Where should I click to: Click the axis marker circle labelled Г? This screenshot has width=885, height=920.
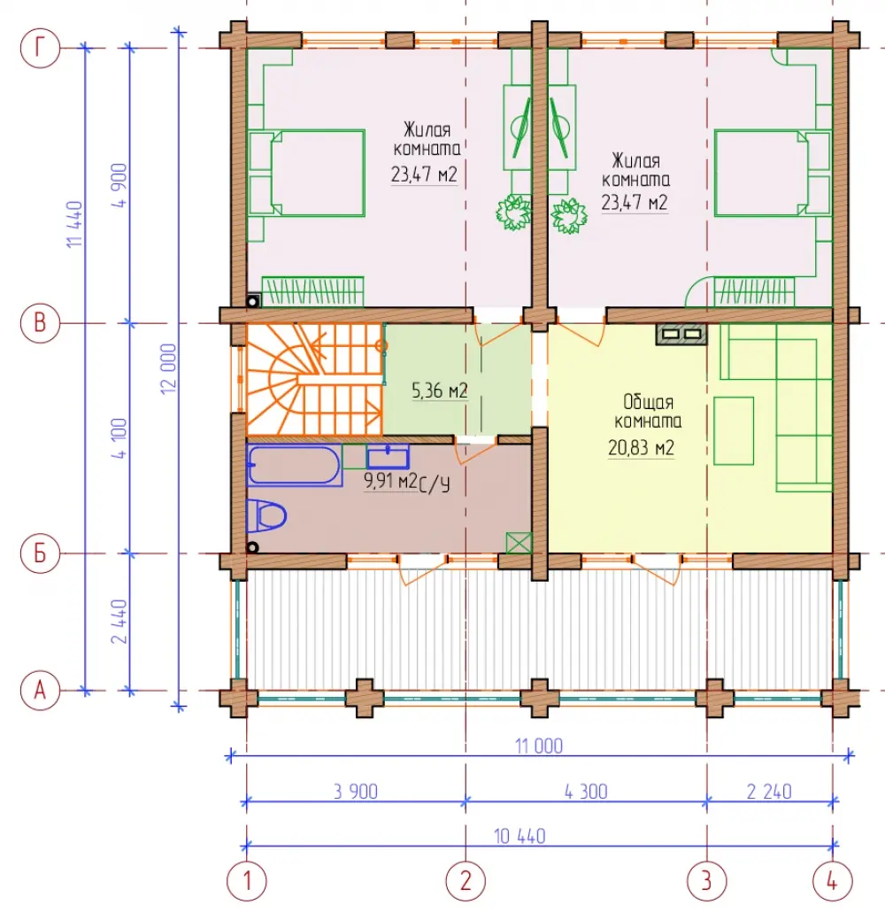pos(40,48)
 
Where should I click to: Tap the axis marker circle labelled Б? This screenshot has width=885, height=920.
pos(40,553)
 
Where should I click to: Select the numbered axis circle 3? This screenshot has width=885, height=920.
pos(707,881)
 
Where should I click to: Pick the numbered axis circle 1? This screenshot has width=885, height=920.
pos(246,881)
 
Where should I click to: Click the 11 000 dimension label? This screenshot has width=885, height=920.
pos(538,746)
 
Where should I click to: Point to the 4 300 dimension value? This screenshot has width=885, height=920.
pos(585,792)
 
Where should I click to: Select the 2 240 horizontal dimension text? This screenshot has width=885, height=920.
pos(769,792)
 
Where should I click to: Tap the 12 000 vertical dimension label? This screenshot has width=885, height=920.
pos(168,369)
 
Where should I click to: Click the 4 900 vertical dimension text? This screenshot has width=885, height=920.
pos(119,185)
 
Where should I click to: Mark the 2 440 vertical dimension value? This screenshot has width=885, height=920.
pos(119,622)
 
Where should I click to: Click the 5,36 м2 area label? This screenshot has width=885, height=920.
pos(439,390)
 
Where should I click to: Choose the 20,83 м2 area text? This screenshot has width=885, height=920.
pos(641,448)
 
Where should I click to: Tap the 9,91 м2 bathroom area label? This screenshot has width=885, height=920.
pos(390,481)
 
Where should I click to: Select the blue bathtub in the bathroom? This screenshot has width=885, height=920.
pos(294,465)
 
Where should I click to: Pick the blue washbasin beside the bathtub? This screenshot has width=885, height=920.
pos(388,457)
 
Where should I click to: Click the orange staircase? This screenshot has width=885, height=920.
pos(314,380)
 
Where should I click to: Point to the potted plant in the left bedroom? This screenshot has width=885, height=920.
pos(514,213)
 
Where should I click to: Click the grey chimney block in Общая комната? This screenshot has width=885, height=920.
pos(681,334)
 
